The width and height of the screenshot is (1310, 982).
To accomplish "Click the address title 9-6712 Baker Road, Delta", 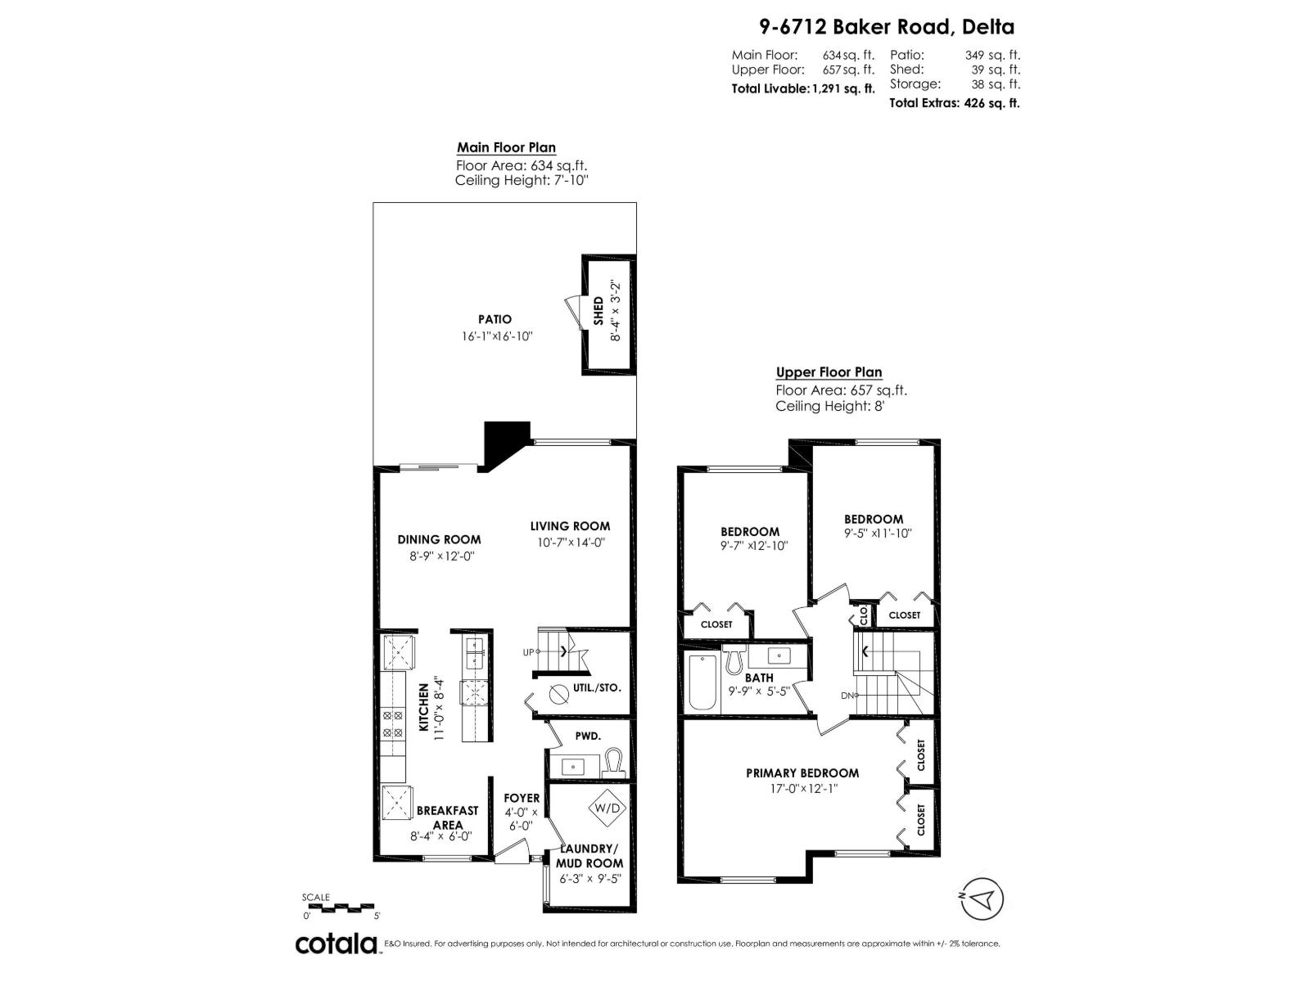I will point(887,27).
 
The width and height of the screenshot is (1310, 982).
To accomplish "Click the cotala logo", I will point(336,944).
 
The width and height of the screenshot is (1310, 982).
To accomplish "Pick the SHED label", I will point(599,312).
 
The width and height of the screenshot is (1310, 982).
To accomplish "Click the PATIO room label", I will point(495,319).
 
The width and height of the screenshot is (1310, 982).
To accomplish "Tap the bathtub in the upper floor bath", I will point(702,681).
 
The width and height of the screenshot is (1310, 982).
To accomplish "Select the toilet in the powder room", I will point(614,764).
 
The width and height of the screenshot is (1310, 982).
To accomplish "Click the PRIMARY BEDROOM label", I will point(802,773).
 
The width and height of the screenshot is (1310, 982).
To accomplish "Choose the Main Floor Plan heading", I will point(506,148).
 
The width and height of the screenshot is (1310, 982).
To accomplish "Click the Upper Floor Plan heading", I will point(829,372).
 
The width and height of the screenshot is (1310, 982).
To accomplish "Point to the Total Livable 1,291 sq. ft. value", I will point(802,88).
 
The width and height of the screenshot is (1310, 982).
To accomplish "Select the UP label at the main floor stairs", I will point(528,652).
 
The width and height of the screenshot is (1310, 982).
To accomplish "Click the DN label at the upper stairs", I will point(847,696).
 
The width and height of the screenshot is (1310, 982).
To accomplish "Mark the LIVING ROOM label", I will point(570,526).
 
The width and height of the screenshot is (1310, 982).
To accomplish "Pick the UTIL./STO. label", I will point(597,688).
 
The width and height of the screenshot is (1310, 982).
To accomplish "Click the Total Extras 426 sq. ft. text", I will point(954,103).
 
